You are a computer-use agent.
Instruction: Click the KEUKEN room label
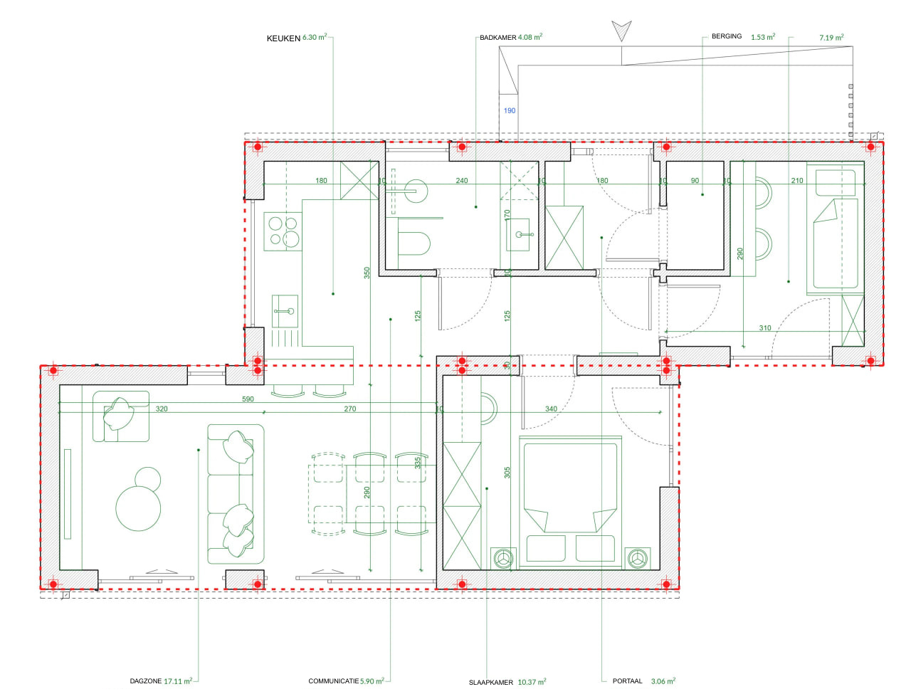point(283,38)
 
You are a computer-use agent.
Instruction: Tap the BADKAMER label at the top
point(497,38)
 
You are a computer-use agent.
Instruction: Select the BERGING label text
point(726,36)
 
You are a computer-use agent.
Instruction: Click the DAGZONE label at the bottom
point(145,681)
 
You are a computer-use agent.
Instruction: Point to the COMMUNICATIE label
point(333,681)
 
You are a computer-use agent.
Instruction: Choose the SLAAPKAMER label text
point(490,683)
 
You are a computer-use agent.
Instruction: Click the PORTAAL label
point(627,681)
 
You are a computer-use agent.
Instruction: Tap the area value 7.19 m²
point(831,38)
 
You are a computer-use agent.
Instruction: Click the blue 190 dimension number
point(510,110)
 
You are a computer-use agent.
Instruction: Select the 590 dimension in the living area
point(248,399)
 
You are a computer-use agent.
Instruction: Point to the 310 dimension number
point(764,328)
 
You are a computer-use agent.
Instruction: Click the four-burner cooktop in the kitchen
point(283,231)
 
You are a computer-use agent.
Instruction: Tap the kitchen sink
point(285,311)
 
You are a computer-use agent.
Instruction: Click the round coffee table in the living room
point(138,508)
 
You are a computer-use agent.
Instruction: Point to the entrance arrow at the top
point(621,31)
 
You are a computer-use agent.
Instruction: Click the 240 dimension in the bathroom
point(462,181)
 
